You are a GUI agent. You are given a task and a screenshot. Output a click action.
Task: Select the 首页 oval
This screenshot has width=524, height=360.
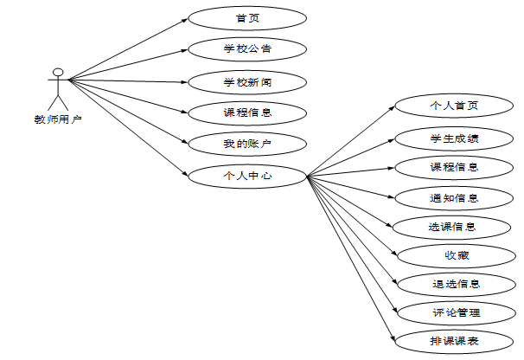[x=247, y=18]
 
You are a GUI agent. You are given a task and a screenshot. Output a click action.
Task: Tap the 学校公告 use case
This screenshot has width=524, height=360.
[x=247, y=48]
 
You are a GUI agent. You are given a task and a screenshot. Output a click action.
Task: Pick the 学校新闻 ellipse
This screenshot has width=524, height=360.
[x=247, y=82]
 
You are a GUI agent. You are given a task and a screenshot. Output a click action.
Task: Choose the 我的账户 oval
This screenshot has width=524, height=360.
[x=247, y=143]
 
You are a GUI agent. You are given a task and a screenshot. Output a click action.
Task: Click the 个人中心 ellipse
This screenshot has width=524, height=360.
[x=247, y=176]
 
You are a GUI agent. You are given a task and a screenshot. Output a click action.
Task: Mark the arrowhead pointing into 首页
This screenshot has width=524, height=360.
[x=184, y=20]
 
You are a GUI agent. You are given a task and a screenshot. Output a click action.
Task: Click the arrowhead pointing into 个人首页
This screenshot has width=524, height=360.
[x=391, y=111]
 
